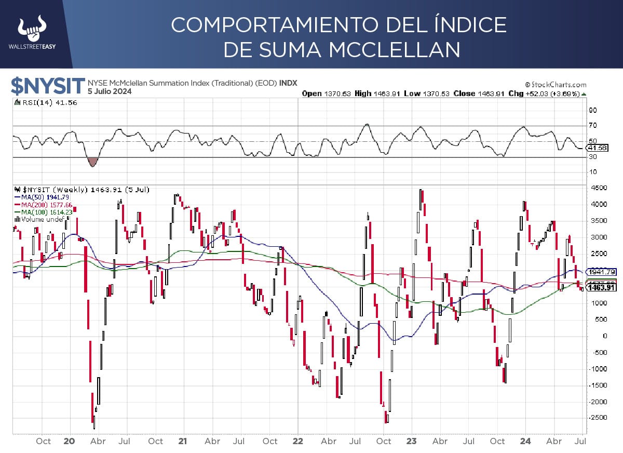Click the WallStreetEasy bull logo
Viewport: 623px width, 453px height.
[32, 30]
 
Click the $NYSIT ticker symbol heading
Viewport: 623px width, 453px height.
[48, 86]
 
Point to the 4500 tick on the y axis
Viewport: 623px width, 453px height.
[595, 188]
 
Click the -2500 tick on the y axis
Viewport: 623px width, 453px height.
[594, 418]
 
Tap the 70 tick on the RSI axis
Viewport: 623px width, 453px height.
[592, 125]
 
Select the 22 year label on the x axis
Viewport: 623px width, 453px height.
[297, 441]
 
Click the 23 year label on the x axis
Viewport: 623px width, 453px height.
[411, 441]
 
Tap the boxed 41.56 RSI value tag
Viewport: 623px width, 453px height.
[595, 148]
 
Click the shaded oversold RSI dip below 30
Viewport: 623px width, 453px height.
[93, 162]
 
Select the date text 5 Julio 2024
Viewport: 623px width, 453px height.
[110, 91]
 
